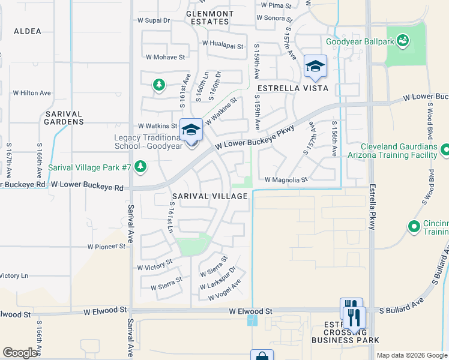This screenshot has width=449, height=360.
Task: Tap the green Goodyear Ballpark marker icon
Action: (x=403, y=41)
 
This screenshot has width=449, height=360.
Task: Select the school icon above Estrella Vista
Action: (x=315, y=66)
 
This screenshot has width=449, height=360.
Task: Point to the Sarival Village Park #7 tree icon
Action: (x=140, y=166)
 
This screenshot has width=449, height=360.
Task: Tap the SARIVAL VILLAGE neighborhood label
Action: (x=210, y=196)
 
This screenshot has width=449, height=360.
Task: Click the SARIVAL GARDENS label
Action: (x=64, y=117)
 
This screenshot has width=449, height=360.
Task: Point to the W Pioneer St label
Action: (x=106, y=247)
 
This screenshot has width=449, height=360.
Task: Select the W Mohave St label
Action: (x=165, y=57)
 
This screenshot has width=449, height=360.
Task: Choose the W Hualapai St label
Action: (x=222, y=44)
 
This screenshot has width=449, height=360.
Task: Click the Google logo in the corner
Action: (x=20, y=353)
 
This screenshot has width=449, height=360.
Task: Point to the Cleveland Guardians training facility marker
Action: (x=445, y=149)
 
